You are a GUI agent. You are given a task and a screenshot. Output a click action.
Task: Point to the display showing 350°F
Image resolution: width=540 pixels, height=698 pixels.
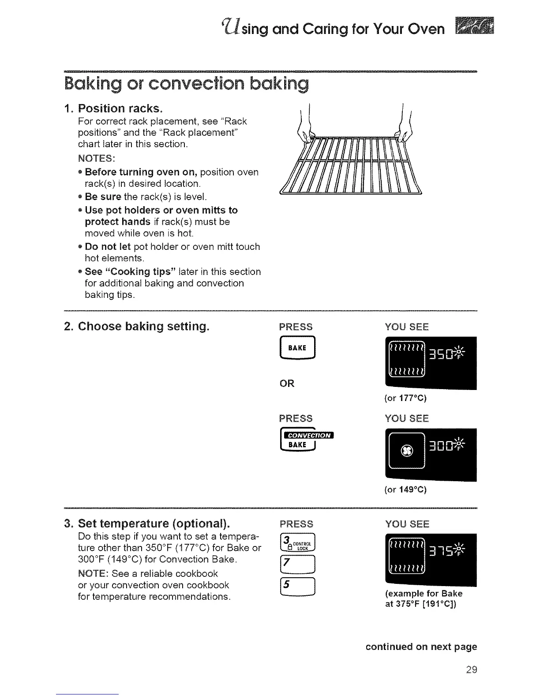tap(431, 363)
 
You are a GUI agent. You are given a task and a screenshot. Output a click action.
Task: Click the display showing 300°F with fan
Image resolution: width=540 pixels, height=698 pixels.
tap(431, 454)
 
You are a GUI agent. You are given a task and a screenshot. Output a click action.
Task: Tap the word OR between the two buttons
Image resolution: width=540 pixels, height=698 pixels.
tap(287, 383)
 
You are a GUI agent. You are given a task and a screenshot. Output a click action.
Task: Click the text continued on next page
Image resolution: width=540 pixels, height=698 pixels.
tap(421, 647)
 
